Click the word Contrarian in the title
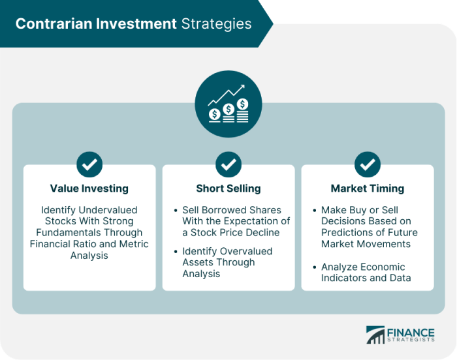pos(54,23)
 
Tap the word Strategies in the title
pos(216,24)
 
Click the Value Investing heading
pos(89,188)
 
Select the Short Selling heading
pos(228,188)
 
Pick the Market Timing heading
pos(367,188)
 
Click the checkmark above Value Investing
pos(89,164)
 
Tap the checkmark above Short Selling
pos(228,164)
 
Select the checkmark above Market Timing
pos(368,164)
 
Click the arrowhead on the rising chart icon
pos(242,87)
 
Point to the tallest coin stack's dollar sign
pos(242,104)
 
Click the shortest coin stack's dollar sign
pos(215,114)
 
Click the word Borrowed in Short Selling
pos(223,210)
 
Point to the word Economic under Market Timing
pos(380,267)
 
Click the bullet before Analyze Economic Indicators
pos(315,267)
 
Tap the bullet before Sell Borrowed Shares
pos(176,210)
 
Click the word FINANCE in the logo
pos(411,333)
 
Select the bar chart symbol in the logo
pos(375,335)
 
